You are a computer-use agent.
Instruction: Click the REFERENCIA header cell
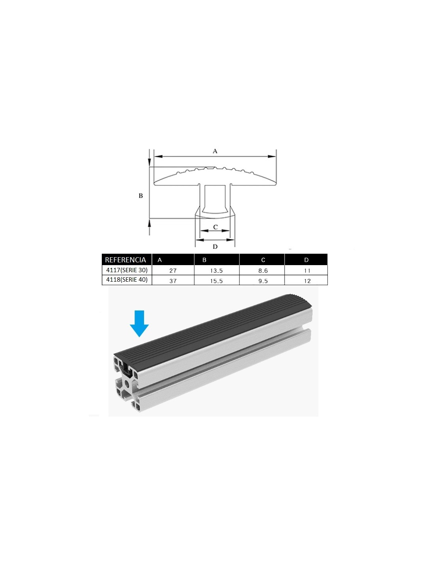click(125, 260)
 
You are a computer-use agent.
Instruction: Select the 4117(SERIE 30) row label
click(127, 270)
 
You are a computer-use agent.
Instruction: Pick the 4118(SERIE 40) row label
click(127, 280)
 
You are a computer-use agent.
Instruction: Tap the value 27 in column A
click(173, 271)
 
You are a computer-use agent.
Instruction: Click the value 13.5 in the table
click(216, 271)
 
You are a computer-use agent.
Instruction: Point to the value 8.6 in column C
click(263, 271)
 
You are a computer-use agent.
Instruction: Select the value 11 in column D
click(307, 271)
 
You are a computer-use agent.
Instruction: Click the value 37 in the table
click(173, 281)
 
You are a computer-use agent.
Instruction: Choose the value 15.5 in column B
click(216, 281)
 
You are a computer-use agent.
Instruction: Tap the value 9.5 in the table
click(263, 281)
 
